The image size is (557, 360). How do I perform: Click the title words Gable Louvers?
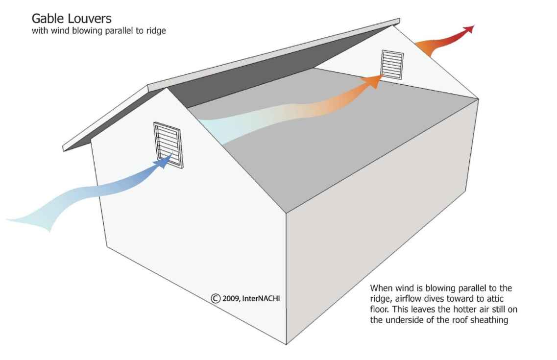click(x=72, y=19)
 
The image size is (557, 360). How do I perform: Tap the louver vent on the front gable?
click(x=168, y=145)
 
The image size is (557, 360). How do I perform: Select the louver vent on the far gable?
click(x=393, y=64)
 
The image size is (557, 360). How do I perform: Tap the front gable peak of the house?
click(x=168, y=89)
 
